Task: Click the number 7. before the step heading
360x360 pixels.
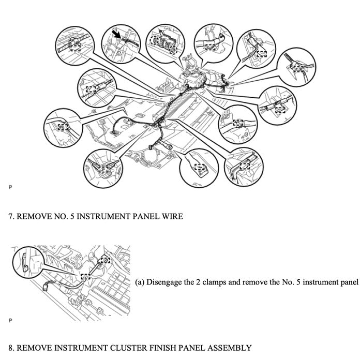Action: pyautogui.click(x=11, y=217)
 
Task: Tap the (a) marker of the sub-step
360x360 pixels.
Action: pyautogui.click(x=140, y=282)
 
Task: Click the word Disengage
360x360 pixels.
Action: pyautogui.click(x=164, y=282)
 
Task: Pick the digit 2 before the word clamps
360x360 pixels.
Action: pyautogui.click(x=199, y=282)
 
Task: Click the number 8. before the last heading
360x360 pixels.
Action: pyautogui.click(x=11, y=348)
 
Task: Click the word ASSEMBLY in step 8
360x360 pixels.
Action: pyautogui.click(x=227, y=348)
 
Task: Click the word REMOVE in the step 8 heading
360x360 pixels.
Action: pyautogui.click(x=33, y=348)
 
